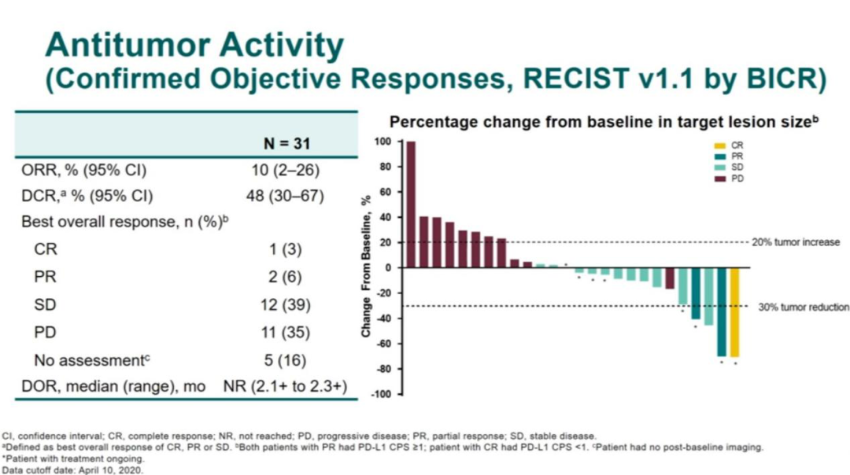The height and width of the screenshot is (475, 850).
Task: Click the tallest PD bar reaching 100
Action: (x=411, y=204)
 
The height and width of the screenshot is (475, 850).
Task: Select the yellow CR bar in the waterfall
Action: (x=735, y=312)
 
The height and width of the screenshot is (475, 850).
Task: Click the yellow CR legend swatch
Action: (x=717, y=145)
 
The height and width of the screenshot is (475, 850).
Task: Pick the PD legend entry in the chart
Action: (x=729, y=179)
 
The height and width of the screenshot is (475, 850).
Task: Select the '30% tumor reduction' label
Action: (x=803, y=307)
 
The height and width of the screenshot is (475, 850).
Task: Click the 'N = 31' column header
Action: (x=286, y=144)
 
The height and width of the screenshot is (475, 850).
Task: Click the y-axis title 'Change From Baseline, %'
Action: (x=367, y=267)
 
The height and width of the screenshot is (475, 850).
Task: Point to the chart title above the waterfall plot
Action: (x=604, y=122)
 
